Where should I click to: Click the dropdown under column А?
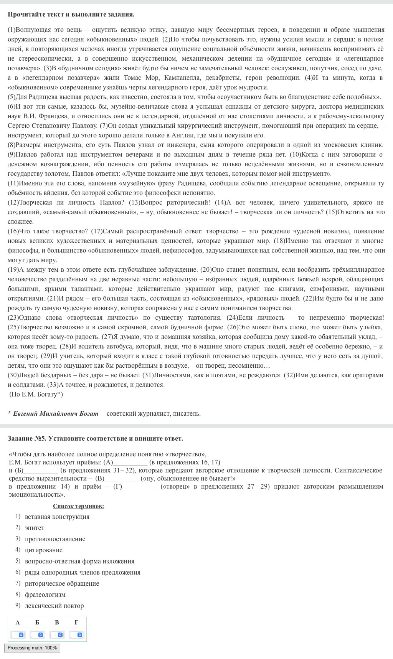coord(18,634)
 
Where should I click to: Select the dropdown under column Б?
coord(38,634)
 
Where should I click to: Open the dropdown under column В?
coord(57,634)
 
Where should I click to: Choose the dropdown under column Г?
coord(76,634)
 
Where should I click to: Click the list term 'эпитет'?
coord(35,528)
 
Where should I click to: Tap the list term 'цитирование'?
coord(43,550)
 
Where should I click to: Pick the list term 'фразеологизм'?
coord(45,595)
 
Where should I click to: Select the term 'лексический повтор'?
coord(54,606)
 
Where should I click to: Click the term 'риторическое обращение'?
coord(62,583)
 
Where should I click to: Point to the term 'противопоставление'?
coord(55,539)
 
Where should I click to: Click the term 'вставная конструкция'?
coord(57,517)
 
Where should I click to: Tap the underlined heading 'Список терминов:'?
coord(78,506)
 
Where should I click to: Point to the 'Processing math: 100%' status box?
coord(32,648)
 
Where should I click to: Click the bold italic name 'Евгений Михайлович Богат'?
coord(56,413)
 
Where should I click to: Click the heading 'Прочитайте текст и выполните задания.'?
coord(71,14)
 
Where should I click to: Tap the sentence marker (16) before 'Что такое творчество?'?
coord(13,231)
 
